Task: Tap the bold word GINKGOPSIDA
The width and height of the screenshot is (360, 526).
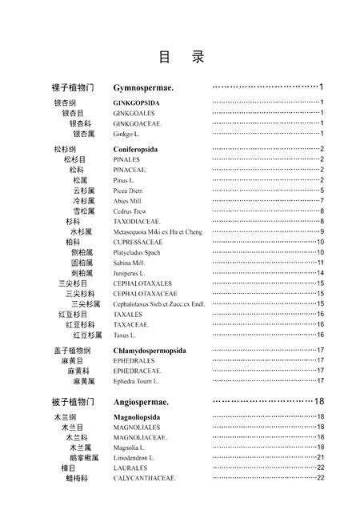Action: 137,102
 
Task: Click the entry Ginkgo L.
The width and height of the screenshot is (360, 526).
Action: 126,134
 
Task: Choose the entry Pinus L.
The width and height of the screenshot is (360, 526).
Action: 124,180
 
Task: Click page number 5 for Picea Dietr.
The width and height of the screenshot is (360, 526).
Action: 321,191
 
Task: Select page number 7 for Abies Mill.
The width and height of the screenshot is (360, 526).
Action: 321,201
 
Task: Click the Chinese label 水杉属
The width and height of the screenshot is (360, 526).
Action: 79,231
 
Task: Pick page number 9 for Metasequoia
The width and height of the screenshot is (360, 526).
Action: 321,231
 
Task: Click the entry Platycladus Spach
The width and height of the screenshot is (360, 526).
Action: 137,252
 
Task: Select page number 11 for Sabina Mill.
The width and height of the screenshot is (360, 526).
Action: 319,263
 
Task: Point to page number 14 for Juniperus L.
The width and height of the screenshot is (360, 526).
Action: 319,273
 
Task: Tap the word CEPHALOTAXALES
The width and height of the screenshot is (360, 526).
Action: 140,283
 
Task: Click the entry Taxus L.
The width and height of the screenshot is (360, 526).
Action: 124,335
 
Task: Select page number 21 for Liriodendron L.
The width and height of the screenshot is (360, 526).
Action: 319,457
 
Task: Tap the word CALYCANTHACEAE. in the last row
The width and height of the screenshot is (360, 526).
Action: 145,478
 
